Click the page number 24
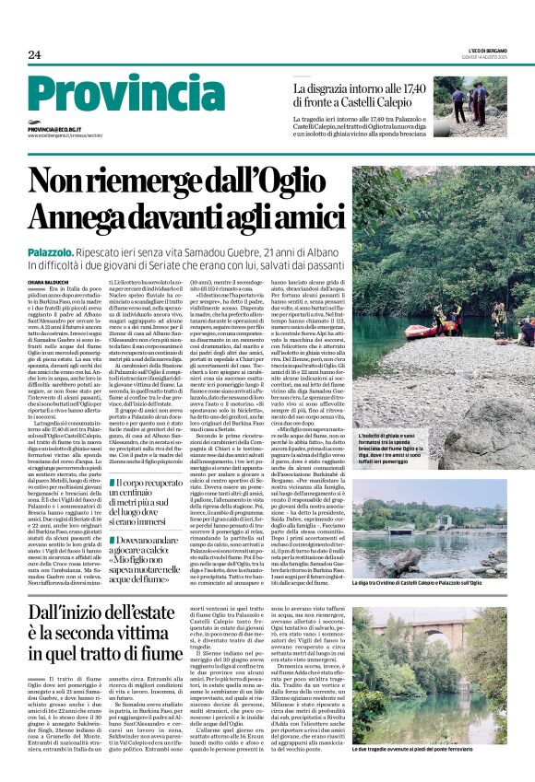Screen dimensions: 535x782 click(x=34, y=54)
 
